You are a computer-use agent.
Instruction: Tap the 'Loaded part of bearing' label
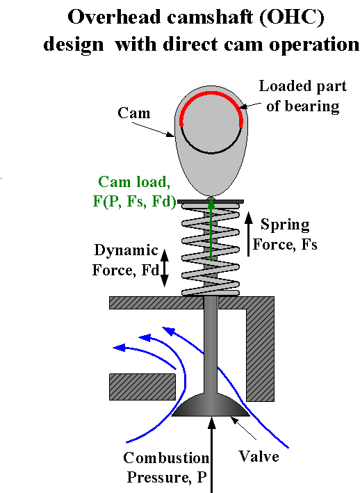299,97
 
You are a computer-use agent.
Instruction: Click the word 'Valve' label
259,456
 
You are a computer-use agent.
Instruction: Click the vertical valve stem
211,348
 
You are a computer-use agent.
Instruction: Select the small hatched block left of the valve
142,387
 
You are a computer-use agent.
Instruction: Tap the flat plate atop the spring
211,201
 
